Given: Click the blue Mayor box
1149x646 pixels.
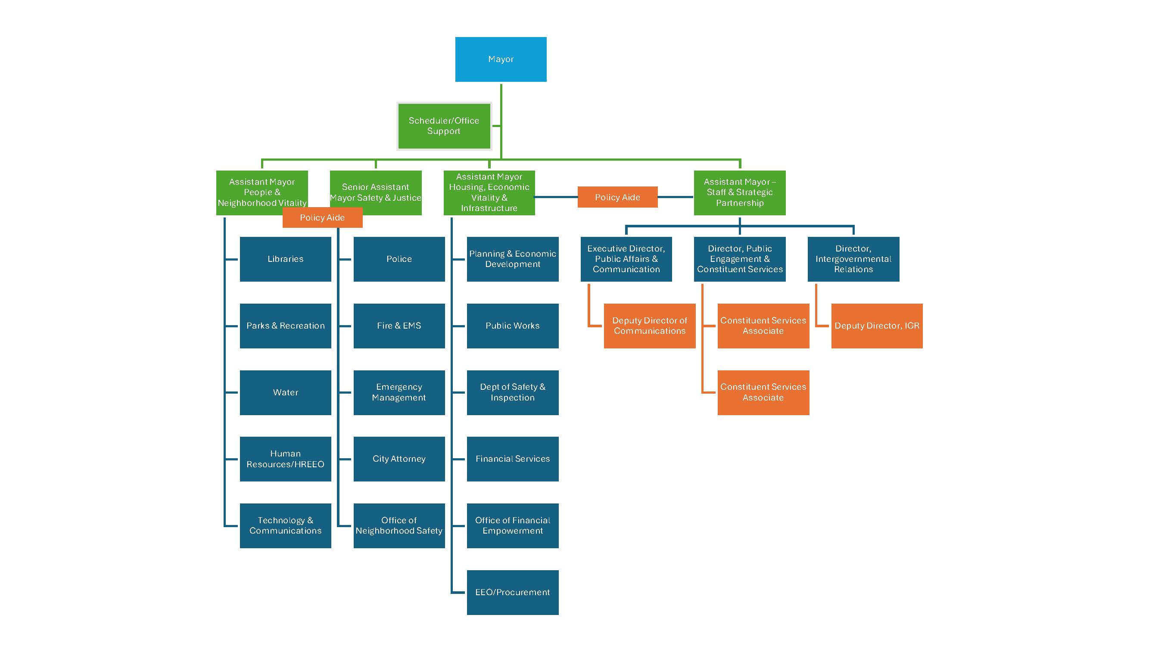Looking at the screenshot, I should click(501, 59).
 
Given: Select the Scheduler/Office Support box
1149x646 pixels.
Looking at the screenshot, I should click(444, 126).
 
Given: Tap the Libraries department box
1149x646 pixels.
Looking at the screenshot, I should click(286, 259).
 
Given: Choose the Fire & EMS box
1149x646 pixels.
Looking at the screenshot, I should click(399, 326).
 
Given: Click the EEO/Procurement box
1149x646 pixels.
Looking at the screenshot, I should click(513, 592).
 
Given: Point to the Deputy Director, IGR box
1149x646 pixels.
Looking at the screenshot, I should click(876, 326).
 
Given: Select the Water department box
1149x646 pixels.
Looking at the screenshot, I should click(286, 392).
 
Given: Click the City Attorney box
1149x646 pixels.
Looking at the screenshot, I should click(399, 459).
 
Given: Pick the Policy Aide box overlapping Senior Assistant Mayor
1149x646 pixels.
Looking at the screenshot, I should click(322, 218).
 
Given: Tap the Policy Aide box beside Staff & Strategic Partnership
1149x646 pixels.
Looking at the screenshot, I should click(617, 197).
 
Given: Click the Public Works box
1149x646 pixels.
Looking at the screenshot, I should click(513, 326).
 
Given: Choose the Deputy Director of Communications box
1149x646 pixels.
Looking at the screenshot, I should click(649, 326).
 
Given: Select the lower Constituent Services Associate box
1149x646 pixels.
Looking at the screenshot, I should click(763, 392).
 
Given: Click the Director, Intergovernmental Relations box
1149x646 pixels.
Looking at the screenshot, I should click(853, 259).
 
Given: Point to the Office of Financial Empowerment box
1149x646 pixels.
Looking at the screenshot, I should click(513, 525).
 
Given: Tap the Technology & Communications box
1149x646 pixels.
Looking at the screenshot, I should click(286, 525).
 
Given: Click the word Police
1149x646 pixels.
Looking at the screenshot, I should click(399, 259).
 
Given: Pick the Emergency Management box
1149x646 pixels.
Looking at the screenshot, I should click(399, 392).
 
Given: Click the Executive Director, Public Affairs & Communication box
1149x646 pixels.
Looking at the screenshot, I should click(626, 259).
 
